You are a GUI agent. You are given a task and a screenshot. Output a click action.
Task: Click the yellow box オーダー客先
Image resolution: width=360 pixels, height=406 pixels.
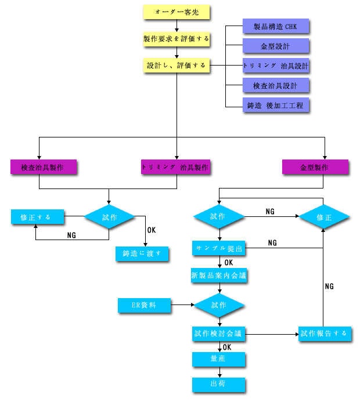(177, 12)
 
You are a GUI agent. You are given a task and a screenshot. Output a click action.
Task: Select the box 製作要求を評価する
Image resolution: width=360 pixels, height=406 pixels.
(177, 39)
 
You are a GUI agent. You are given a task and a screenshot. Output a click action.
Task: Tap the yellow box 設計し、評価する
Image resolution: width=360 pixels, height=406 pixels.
(177, 65)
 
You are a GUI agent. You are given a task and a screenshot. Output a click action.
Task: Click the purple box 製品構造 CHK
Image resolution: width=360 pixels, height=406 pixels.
(276, 26)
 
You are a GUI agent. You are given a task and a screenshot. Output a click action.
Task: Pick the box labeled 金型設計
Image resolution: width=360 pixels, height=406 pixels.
(276, 46)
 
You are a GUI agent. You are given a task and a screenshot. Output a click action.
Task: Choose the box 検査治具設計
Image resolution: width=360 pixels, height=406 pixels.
(276, 85)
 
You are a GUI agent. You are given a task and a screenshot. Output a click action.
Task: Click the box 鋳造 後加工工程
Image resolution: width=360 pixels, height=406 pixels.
(276, 105)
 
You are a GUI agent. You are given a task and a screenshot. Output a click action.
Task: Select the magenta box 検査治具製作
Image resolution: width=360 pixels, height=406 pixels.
(44, 167)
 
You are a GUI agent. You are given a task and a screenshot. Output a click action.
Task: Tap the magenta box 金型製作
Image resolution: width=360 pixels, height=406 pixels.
(315, 167)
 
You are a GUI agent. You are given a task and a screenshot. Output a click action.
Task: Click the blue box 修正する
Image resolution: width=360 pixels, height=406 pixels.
(37, 217)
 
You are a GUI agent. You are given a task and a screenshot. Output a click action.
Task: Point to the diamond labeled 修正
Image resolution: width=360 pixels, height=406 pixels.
(324, 217)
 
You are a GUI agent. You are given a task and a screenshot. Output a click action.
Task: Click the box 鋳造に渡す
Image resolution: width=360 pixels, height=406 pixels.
(142, 254)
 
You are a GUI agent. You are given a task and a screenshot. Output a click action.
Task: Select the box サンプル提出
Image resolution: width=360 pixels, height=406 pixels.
(219, 248)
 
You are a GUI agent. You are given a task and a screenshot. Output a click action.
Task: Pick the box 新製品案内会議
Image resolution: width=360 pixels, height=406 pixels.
(219, 275)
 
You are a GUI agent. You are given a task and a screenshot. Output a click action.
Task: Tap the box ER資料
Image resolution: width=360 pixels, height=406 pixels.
(145, 305)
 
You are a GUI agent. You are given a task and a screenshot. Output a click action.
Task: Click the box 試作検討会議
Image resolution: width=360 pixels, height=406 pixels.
(219, 333)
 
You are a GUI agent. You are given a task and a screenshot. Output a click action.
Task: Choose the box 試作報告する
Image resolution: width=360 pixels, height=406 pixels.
(325, 333)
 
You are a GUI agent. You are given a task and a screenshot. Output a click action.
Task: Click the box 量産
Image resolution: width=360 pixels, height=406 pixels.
(219, 359)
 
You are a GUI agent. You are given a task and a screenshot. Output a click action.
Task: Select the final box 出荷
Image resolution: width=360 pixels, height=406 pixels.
(219, 385)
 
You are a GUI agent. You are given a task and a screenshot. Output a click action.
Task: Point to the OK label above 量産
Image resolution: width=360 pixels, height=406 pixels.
(227, 347)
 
